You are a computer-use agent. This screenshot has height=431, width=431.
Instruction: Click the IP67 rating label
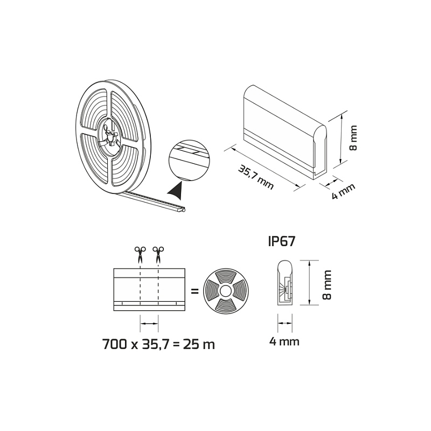(281, 241)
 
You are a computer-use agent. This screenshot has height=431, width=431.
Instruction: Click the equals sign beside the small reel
(194, 291)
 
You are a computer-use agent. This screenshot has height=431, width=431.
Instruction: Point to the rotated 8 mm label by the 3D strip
(353, 138)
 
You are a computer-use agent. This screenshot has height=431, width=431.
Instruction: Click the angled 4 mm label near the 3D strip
(344, 191)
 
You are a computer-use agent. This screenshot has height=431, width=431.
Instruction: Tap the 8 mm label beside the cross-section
(327, 284)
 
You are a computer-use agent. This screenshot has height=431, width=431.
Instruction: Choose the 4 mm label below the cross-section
(284, 342)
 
